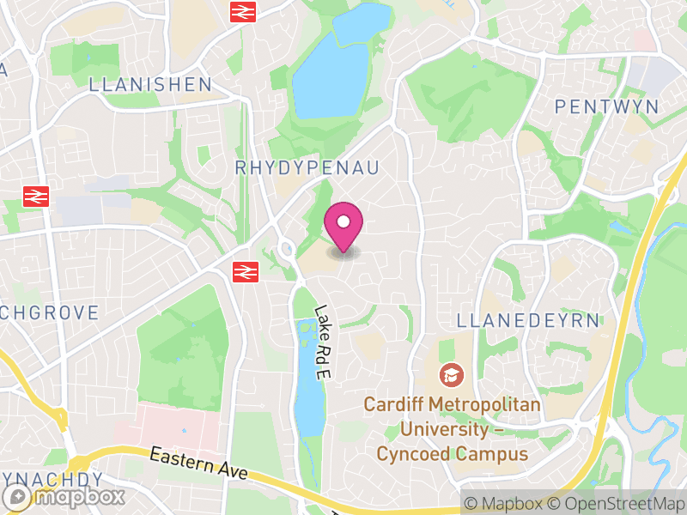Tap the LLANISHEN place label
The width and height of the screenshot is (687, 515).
150,84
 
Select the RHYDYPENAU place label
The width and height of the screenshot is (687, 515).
307,167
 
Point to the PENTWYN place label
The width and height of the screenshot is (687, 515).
606,107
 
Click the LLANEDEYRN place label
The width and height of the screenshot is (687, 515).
528,321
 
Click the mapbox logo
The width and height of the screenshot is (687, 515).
64,497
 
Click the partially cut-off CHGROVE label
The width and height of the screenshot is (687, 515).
50,312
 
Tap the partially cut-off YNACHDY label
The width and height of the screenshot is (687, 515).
52,479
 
